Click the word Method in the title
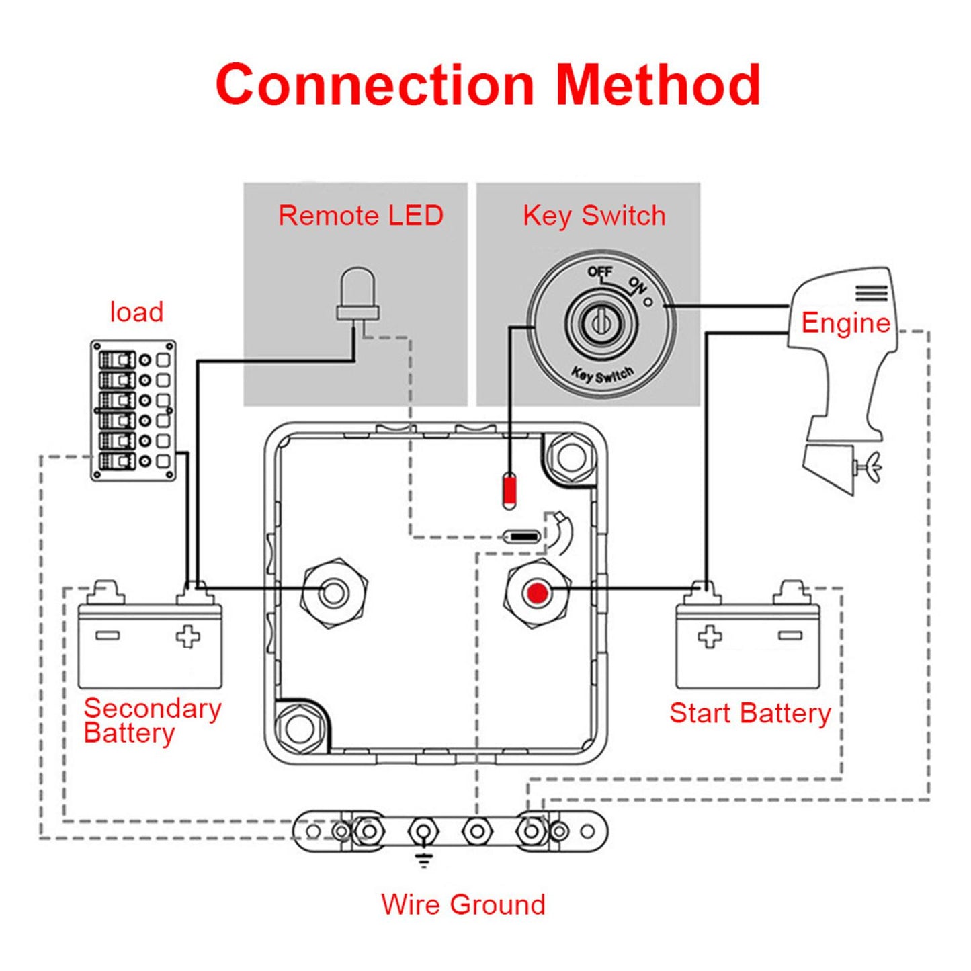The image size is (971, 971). point(658,85)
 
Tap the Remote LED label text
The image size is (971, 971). point(361,216)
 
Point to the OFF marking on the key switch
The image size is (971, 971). point(599,272)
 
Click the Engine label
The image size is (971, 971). point(845,323)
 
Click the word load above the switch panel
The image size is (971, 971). point(136,312)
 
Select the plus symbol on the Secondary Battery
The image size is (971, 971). point(187,636)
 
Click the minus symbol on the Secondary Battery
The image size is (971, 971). point(108,635)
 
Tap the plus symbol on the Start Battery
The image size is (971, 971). point(710,636)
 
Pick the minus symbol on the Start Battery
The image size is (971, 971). point(790,635)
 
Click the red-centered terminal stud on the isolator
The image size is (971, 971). point(537,593)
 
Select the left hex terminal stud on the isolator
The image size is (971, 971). point(334,592)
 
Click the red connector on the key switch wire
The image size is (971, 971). point(509,490)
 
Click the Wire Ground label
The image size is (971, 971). point(463,904)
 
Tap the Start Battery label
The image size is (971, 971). point(750,713)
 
